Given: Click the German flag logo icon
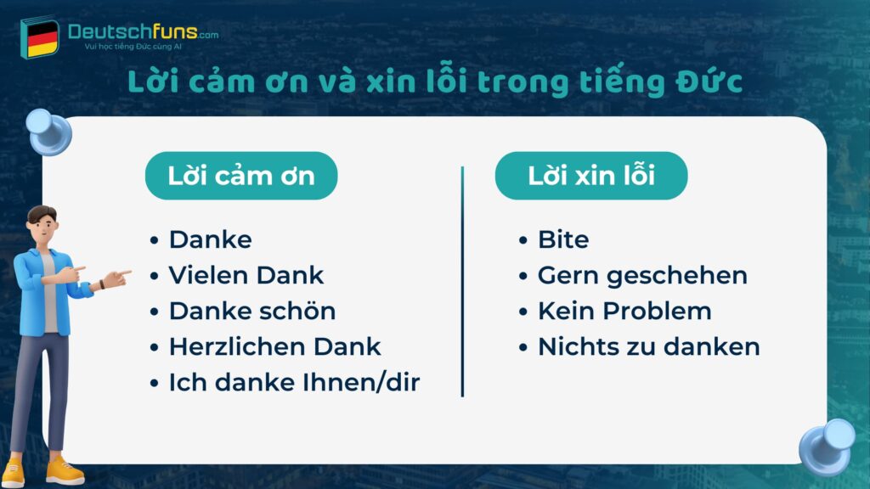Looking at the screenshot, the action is [40, 37].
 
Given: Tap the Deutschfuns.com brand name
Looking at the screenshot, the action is [143, 31].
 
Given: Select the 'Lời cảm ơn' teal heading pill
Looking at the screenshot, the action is [241, 176].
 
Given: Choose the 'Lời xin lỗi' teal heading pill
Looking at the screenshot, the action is [591, 176].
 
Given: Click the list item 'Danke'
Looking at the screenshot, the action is [211, 240].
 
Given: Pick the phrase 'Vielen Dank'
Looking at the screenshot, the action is [246, 276].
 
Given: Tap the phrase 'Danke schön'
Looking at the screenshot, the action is [252, 311].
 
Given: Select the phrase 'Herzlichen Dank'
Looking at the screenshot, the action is [275, 347].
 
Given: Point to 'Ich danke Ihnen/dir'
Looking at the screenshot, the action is [295, 383].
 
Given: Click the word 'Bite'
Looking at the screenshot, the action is [563, 240].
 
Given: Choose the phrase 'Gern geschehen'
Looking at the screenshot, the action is [642, 276].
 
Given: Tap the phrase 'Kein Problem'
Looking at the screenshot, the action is [624, 311].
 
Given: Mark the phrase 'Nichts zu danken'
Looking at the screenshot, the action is [649, 347].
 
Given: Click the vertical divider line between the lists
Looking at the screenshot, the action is [462, 281].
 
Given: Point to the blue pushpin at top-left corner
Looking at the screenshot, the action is [48, 132].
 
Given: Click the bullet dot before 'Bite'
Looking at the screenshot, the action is [523, 240].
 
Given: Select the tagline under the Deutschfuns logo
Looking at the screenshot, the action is [133, 47].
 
